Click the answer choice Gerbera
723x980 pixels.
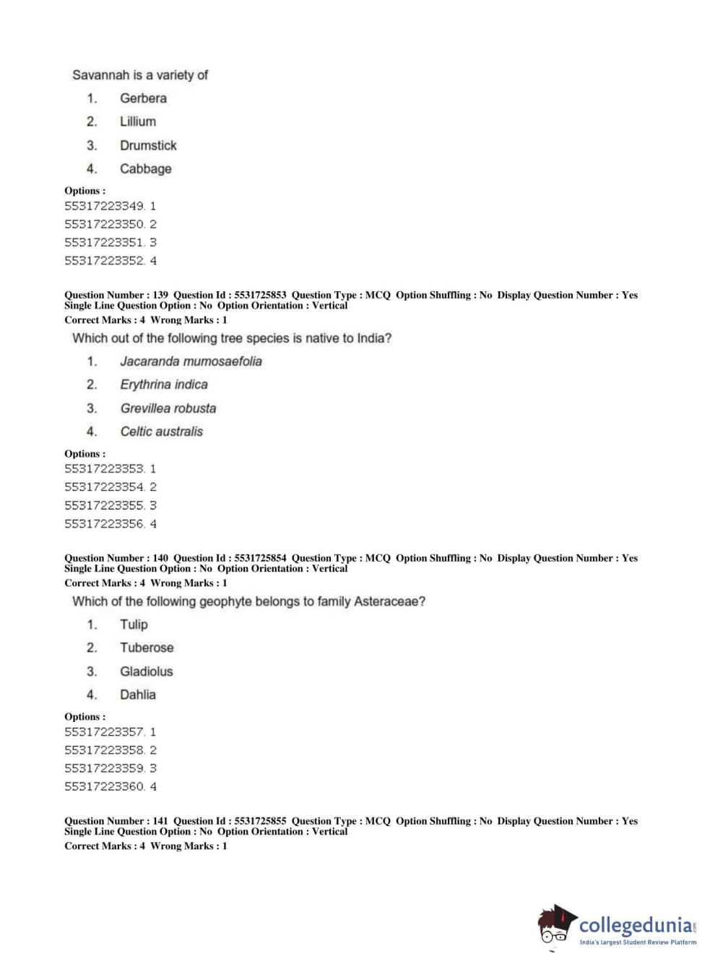coord(143,98)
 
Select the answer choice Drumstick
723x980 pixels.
coord(148,145)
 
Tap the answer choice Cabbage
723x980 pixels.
coord(145,169)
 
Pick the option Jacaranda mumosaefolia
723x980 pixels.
coord(191,361)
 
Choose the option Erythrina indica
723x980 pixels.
coord(163,384)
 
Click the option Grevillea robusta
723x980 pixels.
coord(168,408)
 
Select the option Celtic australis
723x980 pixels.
coord(161,431)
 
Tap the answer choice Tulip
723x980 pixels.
coord(134,624)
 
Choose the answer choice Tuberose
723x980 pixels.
coord(147,648)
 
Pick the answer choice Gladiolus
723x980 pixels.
coord(146,671)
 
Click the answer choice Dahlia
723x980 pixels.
coord(137,695)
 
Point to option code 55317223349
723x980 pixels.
coord(104,206)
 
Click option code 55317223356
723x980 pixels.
coord(104,524)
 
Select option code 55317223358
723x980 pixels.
coord(104,750)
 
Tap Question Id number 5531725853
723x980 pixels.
coord(260,295)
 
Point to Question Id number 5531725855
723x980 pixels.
coord(260,821)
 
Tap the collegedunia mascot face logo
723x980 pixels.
coord(556,926)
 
